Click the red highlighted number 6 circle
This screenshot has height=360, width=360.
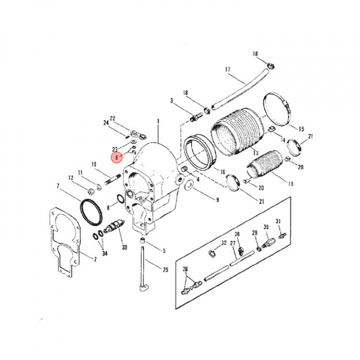tap(116, 157)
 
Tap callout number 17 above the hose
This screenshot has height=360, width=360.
tap(227, 69)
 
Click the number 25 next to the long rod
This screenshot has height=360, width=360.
tap(165, 269)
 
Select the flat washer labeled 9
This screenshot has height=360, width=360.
tap(189, 186)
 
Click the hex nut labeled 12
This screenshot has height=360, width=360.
tap(89, 190)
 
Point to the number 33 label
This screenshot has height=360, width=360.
tap(124, 247)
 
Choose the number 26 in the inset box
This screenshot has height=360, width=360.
tap(186, 269)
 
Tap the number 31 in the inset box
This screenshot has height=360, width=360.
tap(278, 221)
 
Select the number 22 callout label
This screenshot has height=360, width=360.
tap(112, 118)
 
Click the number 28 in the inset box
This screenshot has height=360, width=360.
tap(237, 234)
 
